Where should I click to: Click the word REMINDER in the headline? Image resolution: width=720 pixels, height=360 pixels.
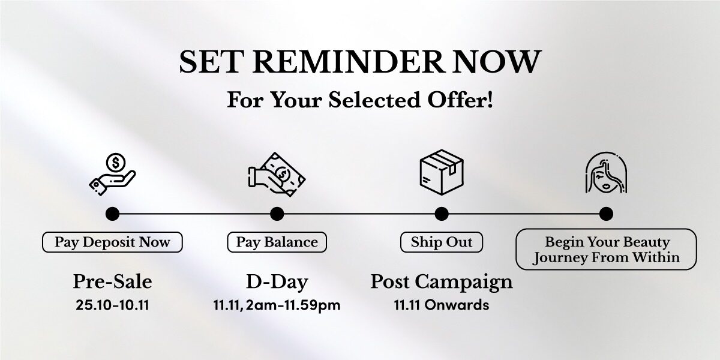(349, 62)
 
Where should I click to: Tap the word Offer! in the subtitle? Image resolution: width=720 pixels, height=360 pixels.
(460, 100)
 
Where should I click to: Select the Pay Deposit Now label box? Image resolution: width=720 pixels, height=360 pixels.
(112, 242)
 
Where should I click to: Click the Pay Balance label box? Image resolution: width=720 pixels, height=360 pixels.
(277, 242)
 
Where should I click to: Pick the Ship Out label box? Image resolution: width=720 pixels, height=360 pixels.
(442, 242)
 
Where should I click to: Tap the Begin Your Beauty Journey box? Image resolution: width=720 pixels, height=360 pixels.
(606, 249)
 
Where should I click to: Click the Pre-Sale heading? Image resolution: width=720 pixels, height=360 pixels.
(112, 281)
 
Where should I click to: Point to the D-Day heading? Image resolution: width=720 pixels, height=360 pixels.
(277, 282)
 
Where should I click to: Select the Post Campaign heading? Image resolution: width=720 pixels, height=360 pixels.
(442, 282)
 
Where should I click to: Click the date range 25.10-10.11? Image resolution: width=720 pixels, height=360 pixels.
(112, 305)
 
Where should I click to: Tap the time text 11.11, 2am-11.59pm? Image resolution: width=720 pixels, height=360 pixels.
(277, 305)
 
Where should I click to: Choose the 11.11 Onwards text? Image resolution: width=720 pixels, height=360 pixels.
(442, 305)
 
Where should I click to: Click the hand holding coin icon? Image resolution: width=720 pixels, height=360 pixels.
(112, 174)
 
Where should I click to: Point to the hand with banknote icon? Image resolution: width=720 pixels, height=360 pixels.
(277, 175)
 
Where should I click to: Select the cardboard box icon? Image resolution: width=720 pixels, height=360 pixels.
(442, 172)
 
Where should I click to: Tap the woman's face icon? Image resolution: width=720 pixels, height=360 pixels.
(606, 173)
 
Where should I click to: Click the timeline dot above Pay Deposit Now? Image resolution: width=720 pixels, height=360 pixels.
(112, 214)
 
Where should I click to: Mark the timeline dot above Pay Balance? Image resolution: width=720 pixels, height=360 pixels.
(277, 214)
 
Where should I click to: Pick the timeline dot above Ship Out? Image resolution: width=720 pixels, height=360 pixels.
(442, 214)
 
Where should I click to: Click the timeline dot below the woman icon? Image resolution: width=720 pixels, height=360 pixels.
(606, 214)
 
